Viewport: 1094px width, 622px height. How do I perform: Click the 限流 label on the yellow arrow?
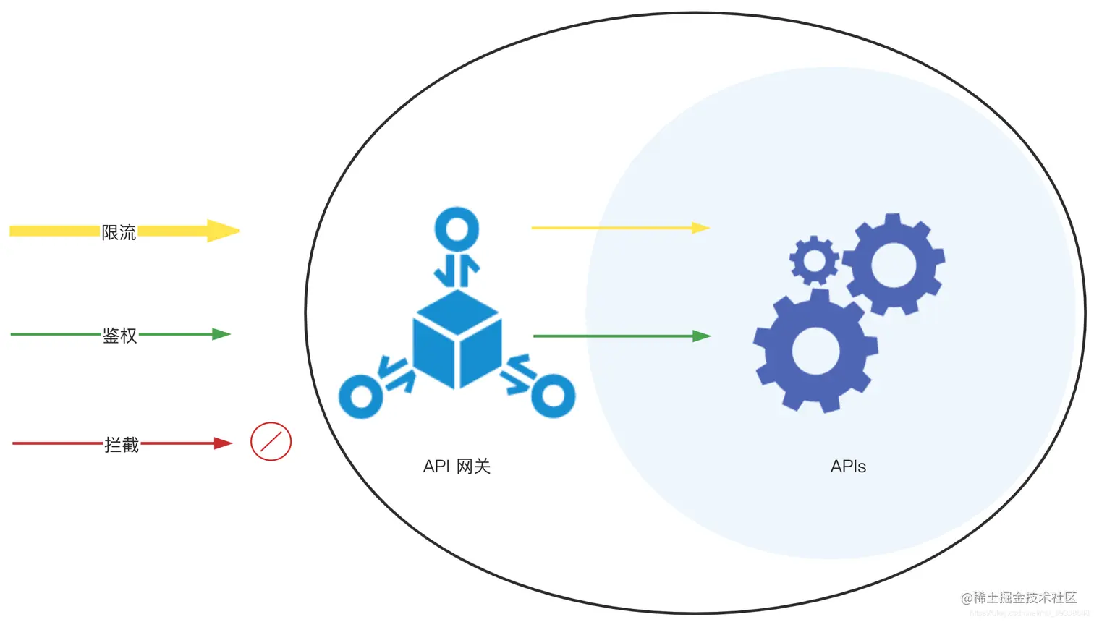point(119,232)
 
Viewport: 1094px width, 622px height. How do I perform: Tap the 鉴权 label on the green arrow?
point(119,336)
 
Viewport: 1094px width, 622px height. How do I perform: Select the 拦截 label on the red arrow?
point(121,445)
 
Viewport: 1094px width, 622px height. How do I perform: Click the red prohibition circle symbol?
point(271,442)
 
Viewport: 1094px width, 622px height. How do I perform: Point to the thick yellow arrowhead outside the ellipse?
point(223,231)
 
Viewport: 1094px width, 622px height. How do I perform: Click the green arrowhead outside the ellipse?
point(221,334)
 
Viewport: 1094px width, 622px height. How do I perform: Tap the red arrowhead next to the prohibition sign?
point(223,443)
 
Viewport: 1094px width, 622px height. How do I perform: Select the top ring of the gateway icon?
point(457,229)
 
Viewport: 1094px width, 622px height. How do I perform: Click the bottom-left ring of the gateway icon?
point(360,396)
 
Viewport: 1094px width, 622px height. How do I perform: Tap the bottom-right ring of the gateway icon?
point(554,396)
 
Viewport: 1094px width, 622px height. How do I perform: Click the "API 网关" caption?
point(457,467)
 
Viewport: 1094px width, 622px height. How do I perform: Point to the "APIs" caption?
point(848,467)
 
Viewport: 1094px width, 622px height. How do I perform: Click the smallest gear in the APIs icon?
point(814,260)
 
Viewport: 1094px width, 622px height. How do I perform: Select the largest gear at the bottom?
point(815,352)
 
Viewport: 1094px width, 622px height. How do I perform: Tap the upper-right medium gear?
point(894,264)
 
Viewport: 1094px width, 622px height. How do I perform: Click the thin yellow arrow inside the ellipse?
point(620,228)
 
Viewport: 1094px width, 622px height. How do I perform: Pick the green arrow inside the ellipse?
point(622,336)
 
